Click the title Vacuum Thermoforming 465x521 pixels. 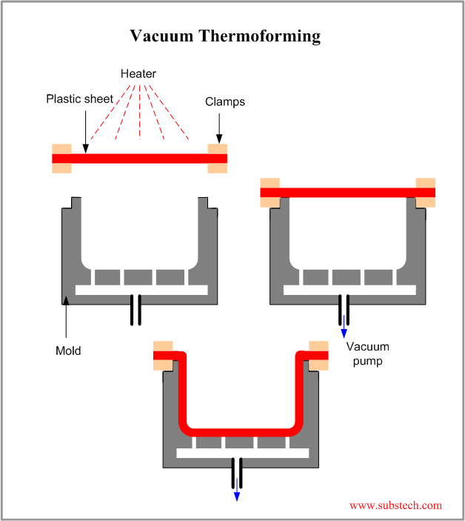[x=225, y=36]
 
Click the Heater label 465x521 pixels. [x=138, y=74]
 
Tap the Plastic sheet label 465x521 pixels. [x=78, y=99]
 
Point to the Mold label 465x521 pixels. [x=68, y=351]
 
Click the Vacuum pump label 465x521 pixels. [x=367, y=354]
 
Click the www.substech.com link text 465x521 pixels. [x=395, y=505]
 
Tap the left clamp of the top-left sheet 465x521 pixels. [x=61, y=158]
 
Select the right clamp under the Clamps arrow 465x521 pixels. [x=218, y=158]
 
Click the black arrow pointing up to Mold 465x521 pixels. [x=66, y=319]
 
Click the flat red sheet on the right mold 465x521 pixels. [x=348, y=193]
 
